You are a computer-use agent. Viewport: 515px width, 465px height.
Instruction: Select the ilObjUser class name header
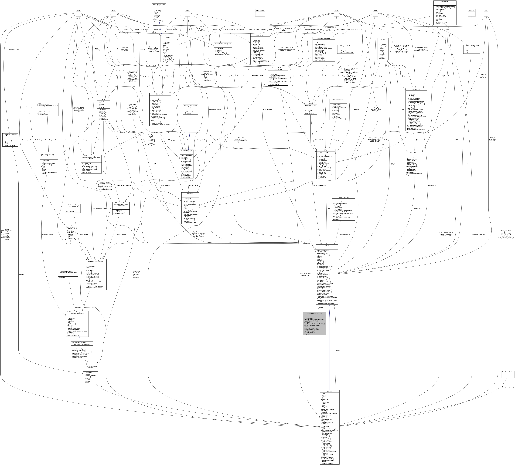329,391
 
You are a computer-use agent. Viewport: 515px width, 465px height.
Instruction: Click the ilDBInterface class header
445,2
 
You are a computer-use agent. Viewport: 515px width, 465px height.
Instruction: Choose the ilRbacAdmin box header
414,153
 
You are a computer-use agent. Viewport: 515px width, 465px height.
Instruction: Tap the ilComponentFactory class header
346,46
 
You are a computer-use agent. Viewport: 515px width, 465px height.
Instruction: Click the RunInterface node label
260,10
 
